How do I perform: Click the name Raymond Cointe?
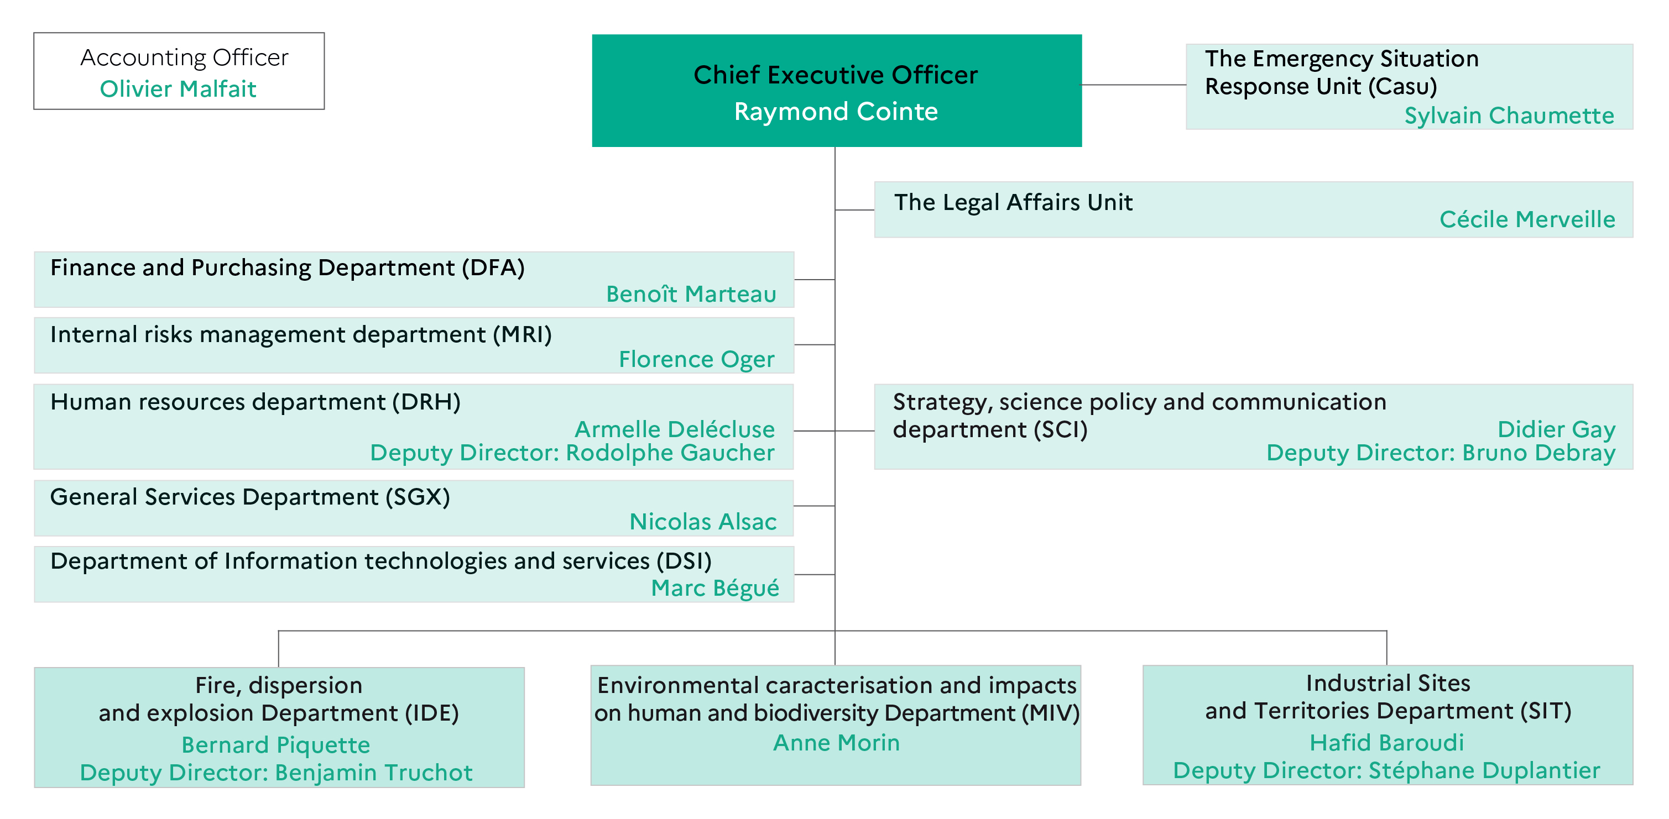click(x=836, y=112)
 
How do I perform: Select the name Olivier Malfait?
click(x=178, y=89)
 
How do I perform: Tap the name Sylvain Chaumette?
click(x=1509, y=116)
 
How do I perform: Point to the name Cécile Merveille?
click(x=1527, y=219)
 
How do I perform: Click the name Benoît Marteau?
click(x=691, y=294)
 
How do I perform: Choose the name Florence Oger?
click(x=696, y=359)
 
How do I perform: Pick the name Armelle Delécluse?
click(x=675, y=429)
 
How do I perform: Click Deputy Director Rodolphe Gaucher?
click(x=572, y=453)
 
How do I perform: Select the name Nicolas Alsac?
click(x=703, y=521)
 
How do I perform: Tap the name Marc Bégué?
click(x=714, y=588)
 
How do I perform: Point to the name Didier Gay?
click(x=1556, y=429)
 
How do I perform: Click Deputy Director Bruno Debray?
click(x=1441, y=453)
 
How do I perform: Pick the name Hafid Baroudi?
click(x=1386, y=743)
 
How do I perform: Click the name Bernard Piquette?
click(x=276, y=745)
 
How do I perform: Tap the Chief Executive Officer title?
click(x=836, y=75)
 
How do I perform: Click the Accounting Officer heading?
click(x=184, y=57)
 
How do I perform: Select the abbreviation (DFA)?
click(x=493, y=267)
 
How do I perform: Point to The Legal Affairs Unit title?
click(x=1013, y=203)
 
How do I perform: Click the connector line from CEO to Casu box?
click(x=1134, y=85)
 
